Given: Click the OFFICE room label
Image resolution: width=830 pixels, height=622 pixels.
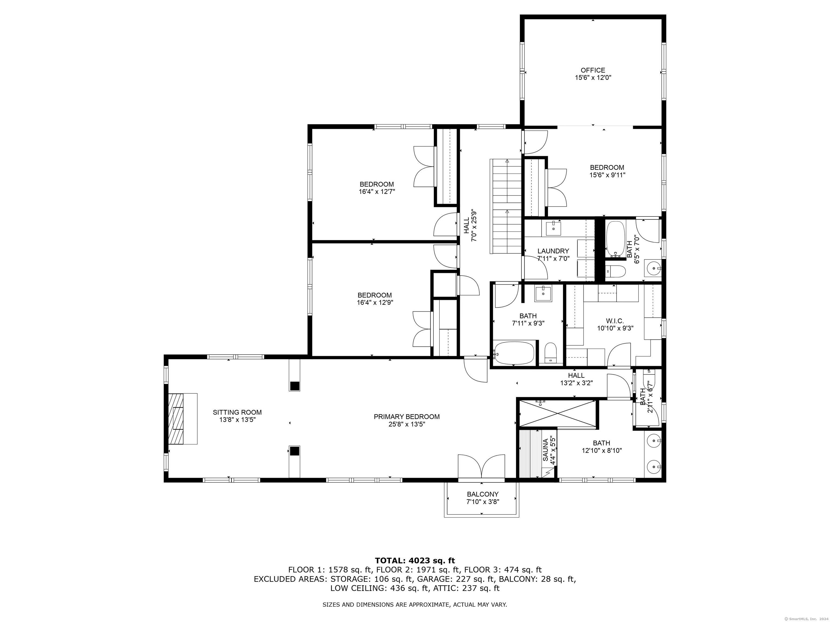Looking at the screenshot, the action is pyautogui.click(x=593, y=70).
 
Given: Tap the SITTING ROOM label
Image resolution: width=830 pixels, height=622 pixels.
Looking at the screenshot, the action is pyautogui.click(x=237, y=413).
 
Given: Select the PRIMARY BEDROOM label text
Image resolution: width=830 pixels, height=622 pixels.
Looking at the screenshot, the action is pyautogui.click(x=407, y=417).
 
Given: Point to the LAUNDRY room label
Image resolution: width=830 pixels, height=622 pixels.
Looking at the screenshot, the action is pyautogui.click(x=553, y=251).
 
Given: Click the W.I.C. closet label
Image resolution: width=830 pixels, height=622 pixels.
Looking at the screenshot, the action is pyautogui.click(x=615, y=321).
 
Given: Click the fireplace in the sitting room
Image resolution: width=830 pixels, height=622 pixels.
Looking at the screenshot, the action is pyautogui.click(x=182, y=419).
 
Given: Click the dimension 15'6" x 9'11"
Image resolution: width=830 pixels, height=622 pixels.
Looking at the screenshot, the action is pyautogui.click(x=607, y=175).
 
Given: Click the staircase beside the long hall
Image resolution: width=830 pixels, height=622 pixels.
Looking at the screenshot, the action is pyautogui.click(x=506, y=206).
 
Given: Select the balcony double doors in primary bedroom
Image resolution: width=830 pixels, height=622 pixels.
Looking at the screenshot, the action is pyautogui.click(x=481, y=467).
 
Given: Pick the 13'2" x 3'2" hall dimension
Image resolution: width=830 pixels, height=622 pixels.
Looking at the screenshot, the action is pyautogui.click(x=576, y=383).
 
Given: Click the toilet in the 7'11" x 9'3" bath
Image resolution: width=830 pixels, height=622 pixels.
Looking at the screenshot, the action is pyautogui.click(x=550, y=352).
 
